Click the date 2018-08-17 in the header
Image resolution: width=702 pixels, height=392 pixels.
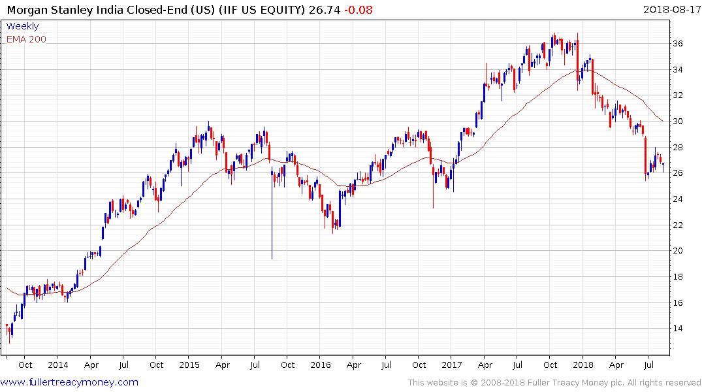(x=671, y=9)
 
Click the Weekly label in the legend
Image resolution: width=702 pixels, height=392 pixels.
(x=22, y=26)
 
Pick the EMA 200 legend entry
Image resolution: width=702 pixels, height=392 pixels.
(x=26, y=39)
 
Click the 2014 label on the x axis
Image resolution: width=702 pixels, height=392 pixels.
(x=57, y=365)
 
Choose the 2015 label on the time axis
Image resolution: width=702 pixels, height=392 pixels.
(x=189, y=365)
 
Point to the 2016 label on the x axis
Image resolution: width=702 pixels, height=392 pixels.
(x=321, y=365)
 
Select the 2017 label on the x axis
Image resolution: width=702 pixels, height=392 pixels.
(x=453, y=365)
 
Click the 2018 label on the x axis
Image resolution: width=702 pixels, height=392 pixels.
(x=584, y=365)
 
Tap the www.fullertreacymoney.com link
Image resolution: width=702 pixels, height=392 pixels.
(x=69, y=382)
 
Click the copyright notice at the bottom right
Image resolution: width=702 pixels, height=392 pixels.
(x=554, y=382)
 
